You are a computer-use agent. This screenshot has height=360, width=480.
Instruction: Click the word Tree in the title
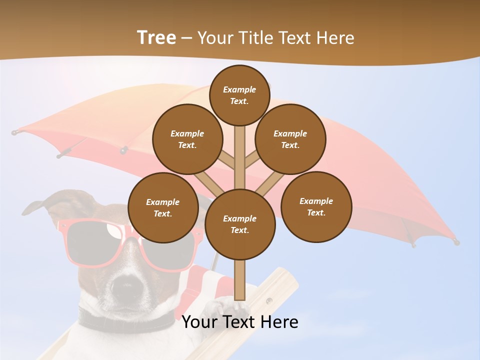(156, 38)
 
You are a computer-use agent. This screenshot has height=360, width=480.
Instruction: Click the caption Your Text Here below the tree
(240, 322)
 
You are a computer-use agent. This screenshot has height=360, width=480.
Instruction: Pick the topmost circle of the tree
(239, 95)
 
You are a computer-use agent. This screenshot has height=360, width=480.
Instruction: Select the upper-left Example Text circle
(187, 139)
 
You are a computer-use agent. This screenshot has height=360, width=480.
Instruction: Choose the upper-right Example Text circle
(290, 139)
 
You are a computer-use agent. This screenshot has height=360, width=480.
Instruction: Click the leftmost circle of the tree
(163, 207)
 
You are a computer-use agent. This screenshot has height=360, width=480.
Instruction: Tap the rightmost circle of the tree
(316, 206)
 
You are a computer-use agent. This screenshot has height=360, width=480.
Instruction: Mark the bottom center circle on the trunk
(240, 224)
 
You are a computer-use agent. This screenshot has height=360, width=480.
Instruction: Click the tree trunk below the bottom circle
(240, 280)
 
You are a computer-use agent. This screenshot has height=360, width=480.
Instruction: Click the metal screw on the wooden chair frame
(269, 300)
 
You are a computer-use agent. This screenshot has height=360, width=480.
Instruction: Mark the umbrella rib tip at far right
(456, 242)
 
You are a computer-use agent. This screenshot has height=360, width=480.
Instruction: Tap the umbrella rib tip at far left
(15, 132)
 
